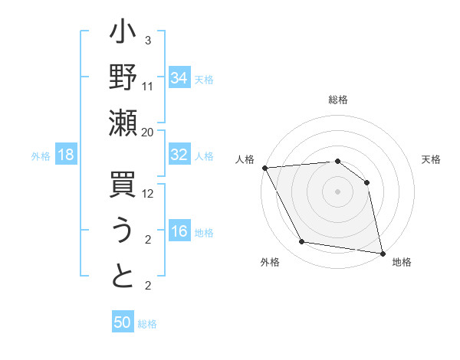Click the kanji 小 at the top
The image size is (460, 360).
(x=123, y=36)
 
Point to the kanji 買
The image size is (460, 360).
(x=123, y=187)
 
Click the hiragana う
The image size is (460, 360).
(x=123, y=232)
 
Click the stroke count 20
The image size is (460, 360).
(x=148, y=132)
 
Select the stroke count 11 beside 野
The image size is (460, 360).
(x=148, y=86)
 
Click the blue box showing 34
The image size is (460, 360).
(x=179, y=78)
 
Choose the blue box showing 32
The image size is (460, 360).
(x=179, y=155)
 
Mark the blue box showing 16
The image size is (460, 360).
(x=179, y=232)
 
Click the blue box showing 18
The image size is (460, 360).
(x=66, y=155)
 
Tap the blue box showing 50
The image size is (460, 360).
(x=123, y=322)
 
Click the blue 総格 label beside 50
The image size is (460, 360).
(x=147, y=324)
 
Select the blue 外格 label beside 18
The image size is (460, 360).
(x=41, y=156)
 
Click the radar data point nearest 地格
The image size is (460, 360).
(x=382, y=253)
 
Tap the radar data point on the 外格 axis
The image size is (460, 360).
(x=302, y=242)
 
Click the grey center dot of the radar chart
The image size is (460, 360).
(x=337, y=191)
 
